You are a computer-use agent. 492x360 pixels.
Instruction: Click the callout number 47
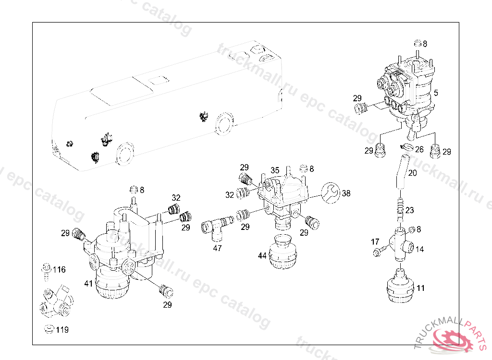pos(218,248)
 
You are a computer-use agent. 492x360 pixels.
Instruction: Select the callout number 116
pos(59,269)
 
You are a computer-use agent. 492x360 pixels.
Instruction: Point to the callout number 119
pos(62,330)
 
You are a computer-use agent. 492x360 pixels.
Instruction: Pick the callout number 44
pos(262,255)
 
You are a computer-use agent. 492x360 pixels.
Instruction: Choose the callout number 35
pos(275,170)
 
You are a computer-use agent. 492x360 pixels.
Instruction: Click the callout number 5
pos(436,93)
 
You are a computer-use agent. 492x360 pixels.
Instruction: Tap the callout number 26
pos(419,149)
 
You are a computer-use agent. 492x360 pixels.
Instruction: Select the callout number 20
pos(412,173)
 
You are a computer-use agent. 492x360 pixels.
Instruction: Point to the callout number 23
pos(409,210)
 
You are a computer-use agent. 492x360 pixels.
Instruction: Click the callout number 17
pos(375,241)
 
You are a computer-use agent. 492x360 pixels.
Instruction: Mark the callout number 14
pos(419,249)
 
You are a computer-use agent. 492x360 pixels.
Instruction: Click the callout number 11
pos(420,288)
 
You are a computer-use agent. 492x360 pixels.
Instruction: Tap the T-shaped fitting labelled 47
pos(217,227)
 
